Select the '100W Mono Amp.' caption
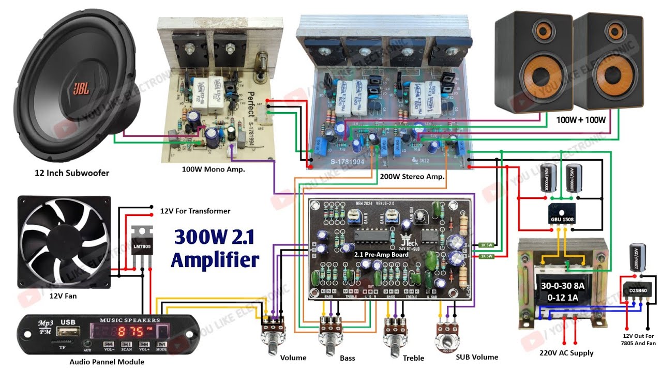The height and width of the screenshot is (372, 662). [213, 169]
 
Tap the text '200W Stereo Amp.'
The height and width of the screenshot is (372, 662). [412, 176]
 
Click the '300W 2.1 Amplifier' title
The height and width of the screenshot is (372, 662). [215, 248]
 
